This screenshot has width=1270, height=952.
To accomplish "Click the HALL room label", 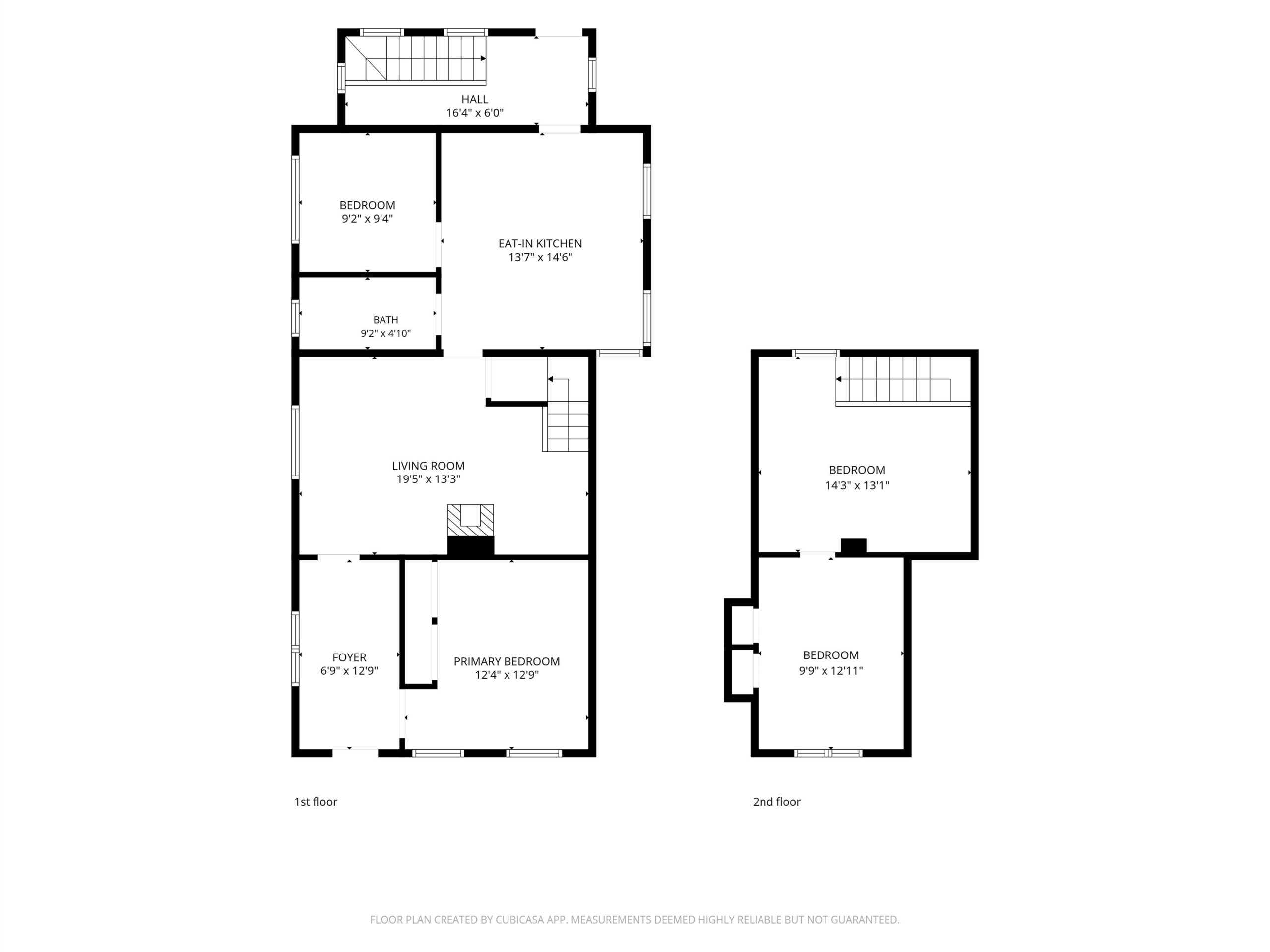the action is [x=475, y=99].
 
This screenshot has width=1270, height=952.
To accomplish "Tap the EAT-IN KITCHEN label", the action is [x=540, y=244].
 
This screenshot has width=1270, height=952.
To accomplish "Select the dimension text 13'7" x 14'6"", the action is [x=540, y=258].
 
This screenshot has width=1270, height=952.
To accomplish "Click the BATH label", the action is [x=386, y=320].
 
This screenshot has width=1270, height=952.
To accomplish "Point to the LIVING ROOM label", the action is [x=428, y=466].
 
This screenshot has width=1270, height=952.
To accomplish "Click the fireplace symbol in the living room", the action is [x=471, y=530].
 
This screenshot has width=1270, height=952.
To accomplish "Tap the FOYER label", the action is [x=349, y=657].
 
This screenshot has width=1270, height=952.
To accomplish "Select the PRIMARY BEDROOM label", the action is [x=507, y=661].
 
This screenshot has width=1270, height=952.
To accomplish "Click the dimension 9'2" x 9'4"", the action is [x=368, y=219].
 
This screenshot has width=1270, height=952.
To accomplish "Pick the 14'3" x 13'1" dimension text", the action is [x=857, y=485].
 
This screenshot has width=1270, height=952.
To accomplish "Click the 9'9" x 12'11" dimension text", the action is [x=831, y=671].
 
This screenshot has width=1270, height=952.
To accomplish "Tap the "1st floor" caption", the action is [x=316, y=802].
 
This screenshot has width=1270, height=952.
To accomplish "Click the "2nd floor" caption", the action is [x=777, y=802].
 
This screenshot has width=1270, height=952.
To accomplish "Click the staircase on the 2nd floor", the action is [x=903, y=381].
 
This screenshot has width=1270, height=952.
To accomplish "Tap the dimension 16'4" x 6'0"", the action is [x=475, y=113].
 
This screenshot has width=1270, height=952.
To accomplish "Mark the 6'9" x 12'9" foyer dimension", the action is [x=349, y=671].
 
